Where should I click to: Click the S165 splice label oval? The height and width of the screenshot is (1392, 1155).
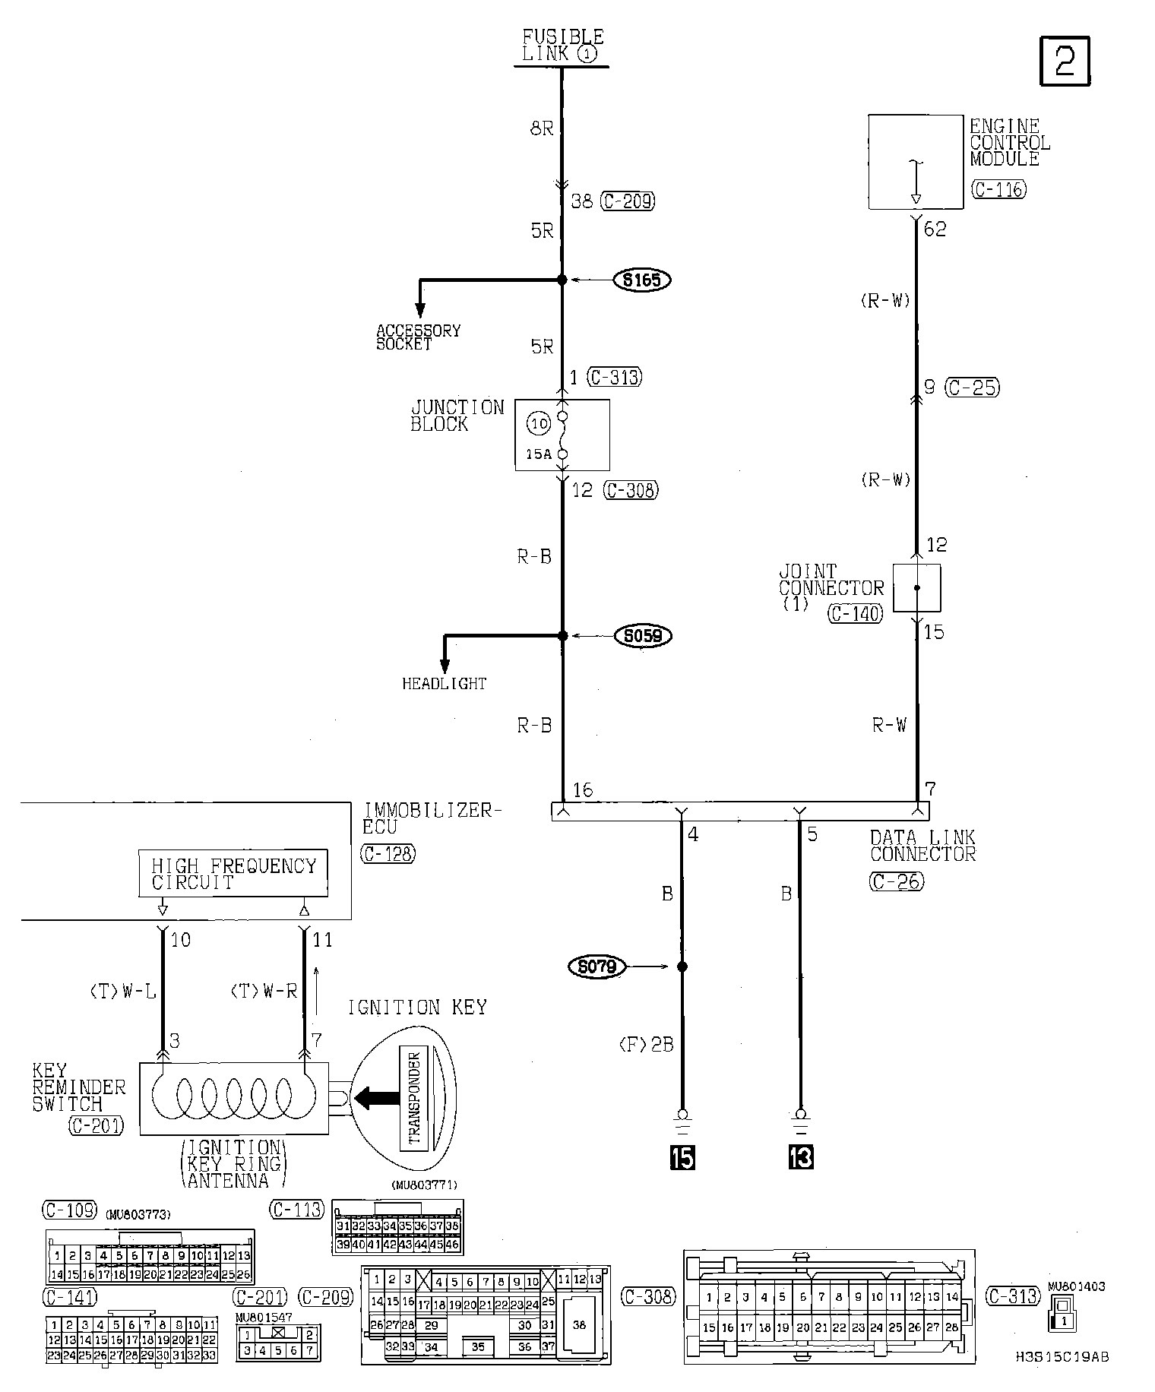[x=642, y=280]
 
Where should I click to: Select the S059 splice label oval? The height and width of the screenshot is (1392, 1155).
[x=643, y=635]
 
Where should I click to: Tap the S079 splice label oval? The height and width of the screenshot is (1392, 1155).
[x=596, y=966]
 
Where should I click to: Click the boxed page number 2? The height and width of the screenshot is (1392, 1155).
[x=1064, y=60]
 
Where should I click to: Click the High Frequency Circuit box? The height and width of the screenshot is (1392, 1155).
[x=233, y=873]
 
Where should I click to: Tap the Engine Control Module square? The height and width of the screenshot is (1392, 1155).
[x=916, y=162]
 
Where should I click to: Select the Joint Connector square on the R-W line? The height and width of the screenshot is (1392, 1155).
[x=916, y=587]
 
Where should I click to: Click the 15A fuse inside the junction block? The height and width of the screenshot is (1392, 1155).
[x=562, y=435]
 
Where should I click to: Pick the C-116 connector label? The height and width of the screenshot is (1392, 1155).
[x=998, y=189]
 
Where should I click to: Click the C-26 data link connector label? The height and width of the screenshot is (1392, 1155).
[x=897, y=881]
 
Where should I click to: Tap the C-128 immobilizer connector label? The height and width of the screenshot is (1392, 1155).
[x=388, y=853]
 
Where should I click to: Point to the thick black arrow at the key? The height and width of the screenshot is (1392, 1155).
[x=377, y=1097]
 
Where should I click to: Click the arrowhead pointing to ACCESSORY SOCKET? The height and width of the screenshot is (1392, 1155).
[x=419, y=311]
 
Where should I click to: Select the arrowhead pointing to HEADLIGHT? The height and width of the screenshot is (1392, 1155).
[x=445, y=665]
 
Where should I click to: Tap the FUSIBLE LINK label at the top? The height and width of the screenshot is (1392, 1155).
[x=563, y=45]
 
